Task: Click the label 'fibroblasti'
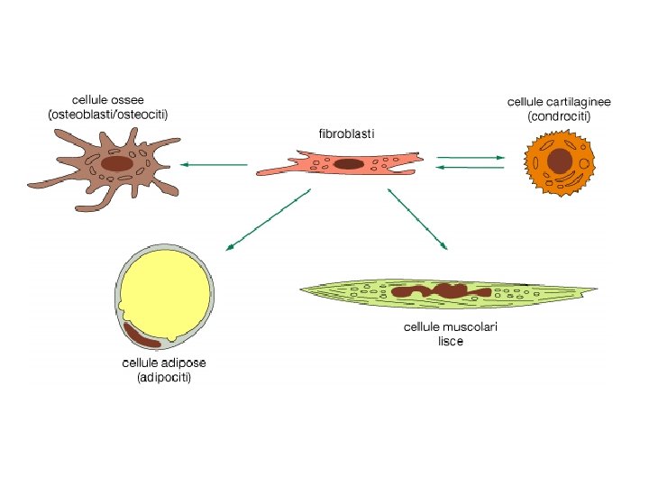coord(346,133)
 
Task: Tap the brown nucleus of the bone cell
coord(116,164)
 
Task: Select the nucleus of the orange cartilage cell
coord(560,161)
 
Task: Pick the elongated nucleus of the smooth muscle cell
coord(441,291)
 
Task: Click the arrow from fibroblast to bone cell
coord(214,165)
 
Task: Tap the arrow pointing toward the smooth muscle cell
coord(417,217)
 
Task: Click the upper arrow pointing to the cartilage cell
coord(471,158)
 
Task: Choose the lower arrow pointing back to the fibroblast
coord(471,167)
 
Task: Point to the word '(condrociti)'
coord(559,116)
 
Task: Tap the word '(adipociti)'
coord(164,378)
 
